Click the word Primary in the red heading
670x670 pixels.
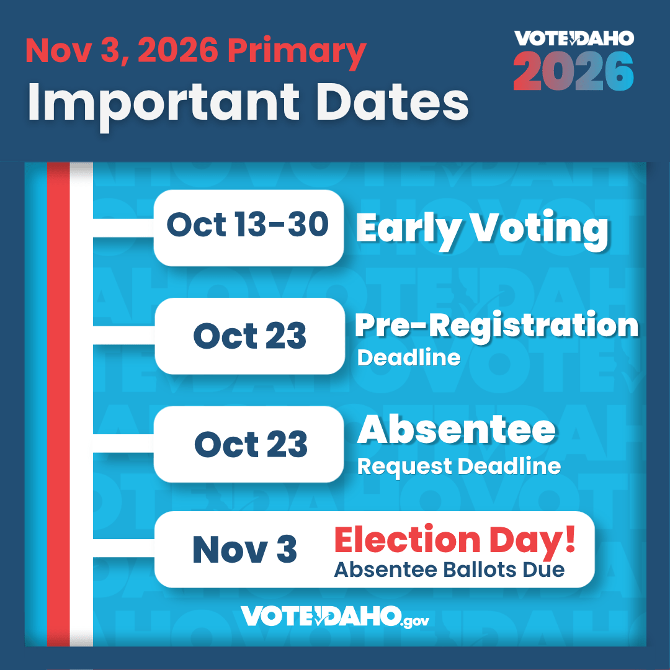[x=297, y=53]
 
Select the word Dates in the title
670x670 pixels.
[x=392, y=102]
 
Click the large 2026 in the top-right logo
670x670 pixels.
[x=573, y=71]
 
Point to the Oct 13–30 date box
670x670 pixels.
[x=249, y=228]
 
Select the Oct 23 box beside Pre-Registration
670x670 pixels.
[x=249, y=336]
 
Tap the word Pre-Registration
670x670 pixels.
[x=496, y=327]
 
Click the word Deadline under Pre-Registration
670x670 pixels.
[x=409, y=358]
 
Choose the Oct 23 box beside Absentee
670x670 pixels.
[x=249, y=444]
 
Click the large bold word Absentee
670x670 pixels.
[x=457, y=430]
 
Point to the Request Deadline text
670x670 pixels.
[x=459, y=467]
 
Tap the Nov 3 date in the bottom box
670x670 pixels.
[x=245, y=550]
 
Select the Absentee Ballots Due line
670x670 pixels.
[x=450, y=569]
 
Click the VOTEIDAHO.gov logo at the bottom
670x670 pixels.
[x=334, y=617]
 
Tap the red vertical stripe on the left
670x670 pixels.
[x=58, y=404]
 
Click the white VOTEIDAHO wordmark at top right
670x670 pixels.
[x=574, y=38]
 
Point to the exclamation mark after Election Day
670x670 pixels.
[x=570, y=539]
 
